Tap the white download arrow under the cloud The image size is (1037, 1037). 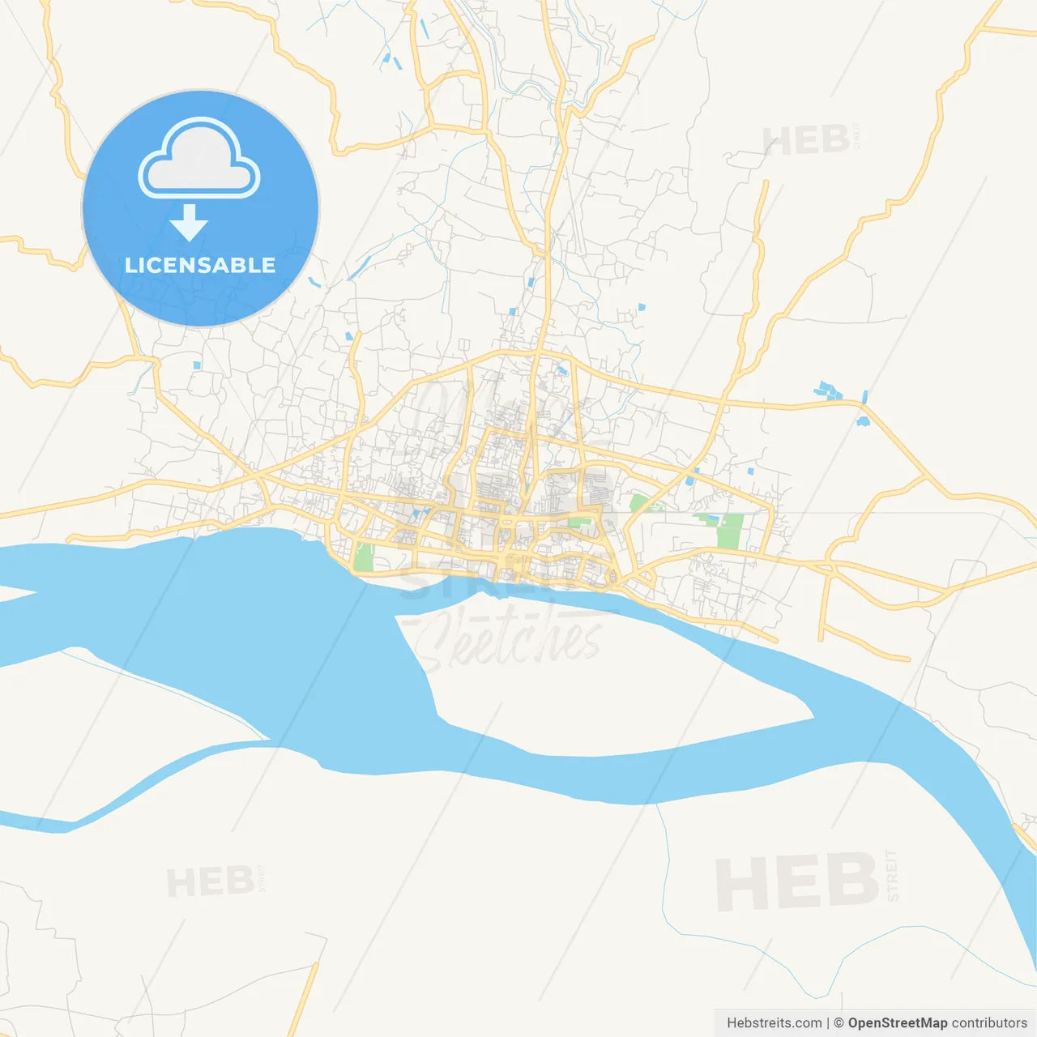(x=189, y=223)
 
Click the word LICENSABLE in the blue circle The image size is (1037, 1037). (x=200, y=265)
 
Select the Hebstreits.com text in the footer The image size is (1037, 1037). (x=774, y=1023)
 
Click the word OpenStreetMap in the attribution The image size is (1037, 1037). (x=898, y=1023)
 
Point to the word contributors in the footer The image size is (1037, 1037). (x=989, y=1023)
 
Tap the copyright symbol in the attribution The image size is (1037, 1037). (x=839, y=1023)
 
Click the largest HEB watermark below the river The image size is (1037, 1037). (x=796, y=881)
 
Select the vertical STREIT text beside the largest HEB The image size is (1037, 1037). (x=893, y=875)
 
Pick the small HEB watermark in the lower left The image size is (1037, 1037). (x=210, y=881)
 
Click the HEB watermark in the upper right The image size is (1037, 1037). (x=805, y=141)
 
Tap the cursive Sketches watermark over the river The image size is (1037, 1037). (x=510, y=640)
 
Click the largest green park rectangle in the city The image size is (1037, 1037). (x=730, y=531)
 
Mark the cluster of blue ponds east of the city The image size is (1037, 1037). (x=830, y=390)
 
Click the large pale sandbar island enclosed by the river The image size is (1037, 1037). (x=616, y=681)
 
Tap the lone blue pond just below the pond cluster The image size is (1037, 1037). (x=863, y=421)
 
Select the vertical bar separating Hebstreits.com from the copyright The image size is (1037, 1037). (x=828, y=1023)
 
